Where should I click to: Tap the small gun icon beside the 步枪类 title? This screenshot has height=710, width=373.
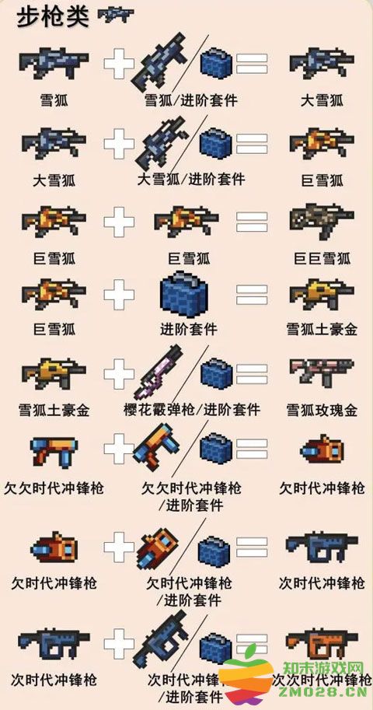[x=115, y=15]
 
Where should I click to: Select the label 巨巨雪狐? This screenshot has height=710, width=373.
[x=321, y=258]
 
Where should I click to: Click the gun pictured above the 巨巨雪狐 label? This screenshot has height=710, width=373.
[x=321, y=222]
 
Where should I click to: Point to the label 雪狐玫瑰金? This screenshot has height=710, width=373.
[x=321, y=411]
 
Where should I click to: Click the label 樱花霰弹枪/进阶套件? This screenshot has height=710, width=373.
[x=191, y=409]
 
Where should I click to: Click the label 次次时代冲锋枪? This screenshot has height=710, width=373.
[x=321, y=679]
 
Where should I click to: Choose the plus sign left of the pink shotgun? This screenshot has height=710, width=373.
[x=119, y=374]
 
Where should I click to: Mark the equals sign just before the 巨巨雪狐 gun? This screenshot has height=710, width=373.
[x=252, y=222]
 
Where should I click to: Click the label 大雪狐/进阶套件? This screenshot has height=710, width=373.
[x=191, y=180]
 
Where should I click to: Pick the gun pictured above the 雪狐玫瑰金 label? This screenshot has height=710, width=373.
[x=321, y=372]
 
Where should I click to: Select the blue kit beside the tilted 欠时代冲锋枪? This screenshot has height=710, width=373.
[x=214, y=551]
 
